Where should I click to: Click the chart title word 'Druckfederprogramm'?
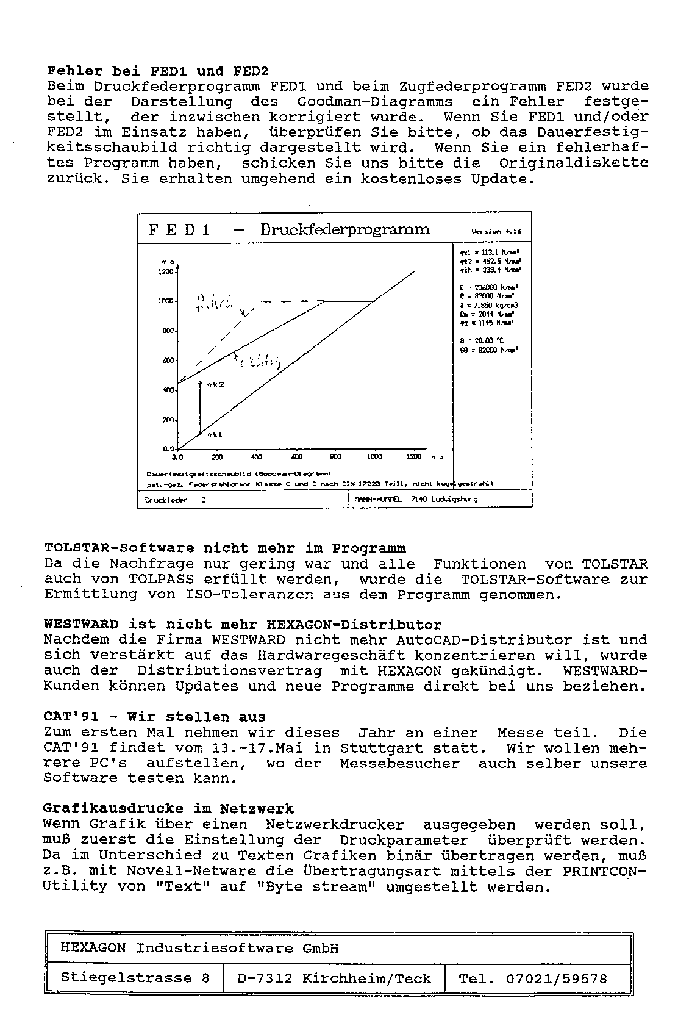coord(345,230)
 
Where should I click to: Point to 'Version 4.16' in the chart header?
coord(496,232)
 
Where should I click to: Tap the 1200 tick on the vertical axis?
coord(166,272)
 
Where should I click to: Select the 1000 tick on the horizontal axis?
coord(374,457)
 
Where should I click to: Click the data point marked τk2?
coord(200,382)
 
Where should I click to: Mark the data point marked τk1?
coord(200,433)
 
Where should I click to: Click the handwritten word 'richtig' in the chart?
coord(259,362)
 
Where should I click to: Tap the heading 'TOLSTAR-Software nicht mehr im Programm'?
coord(225,548)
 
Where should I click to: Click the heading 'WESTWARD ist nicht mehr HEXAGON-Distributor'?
coord(243,625)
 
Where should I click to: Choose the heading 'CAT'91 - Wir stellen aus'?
coord(155,717)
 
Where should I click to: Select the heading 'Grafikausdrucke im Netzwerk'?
coord(168,809)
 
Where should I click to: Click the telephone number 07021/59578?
coord(556,979)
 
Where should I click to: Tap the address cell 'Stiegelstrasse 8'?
coord(135,978)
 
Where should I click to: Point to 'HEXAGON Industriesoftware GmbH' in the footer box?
coord(199,948)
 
